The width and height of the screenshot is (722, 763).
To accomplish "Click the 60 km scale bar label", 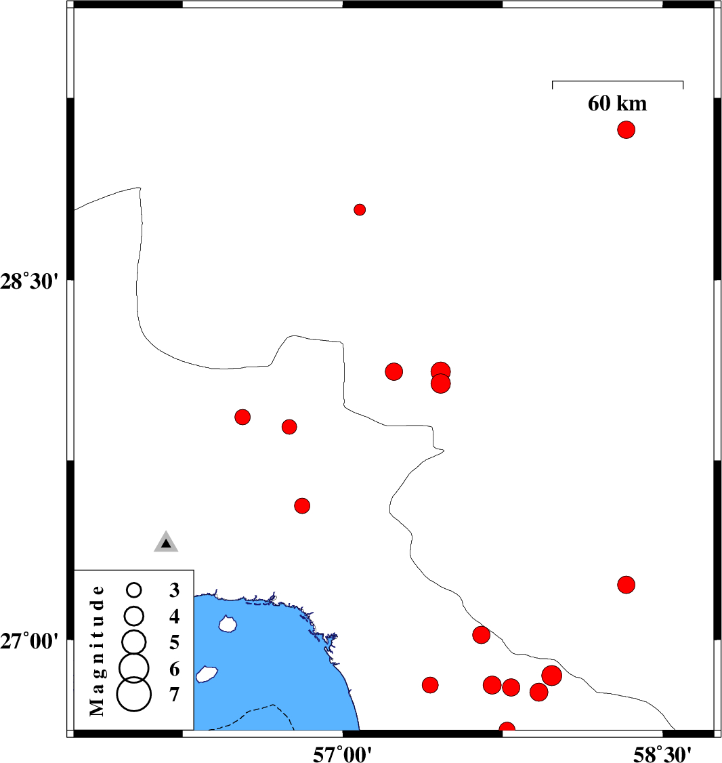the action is coord(617,103).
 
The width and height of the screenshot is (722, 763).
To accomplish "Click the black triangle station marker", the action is coord(166,542).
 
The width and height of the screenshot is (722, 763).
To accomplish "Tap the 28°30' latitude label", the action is coord(29,281).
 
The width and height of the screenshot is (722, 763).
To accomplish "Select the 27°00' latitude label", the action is coord(29,641).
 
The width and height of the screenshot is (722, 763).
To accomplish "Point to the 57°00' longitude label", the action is coord(342,754).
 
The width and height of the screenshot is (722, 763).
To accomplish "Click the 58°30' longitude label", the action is coord(662,754).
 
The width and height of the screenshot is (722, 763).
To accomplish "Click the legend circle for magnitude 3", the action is coord(134,590).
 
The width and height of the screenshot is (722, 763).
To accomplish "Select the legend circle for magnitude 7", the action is coord(134,695).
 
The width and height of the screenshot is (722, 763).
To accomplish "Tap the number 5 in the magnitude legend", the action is coord(174,642).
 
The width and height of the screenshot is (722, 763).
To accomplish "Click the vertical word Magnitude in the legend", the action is coord(97,651).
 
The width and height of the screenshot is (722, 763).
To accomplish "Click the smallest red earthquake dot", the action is coord(360,210).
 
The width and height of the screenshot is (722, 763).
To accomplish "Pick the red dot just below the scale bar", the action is coord(626,130).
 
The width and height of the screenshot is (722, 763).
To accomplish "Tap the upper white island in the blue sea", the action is coord(227,623).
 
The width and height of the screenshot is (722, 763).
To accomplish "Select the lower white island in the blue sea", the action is coord(207,674).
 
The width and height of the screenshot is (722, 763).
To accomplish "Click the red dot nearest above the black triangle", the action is coord(302,506).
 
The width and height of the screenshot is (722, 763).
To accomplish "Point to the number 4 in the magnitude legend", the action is coord(174,617).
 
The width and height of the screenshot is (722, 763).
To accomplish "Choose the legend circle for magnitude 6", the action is coord(134,667).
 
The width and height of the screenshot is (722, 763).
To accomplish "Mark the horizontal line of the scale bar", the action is coord(618,81).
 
